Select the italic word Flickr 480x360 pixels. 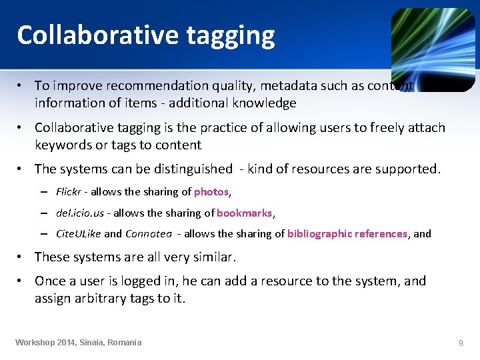pos(68,192)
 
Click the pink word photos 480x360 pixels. pos(211,192)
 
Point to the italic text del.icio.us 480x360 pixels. pos(79,213)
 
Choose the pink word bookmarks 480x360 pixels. pos(244,213)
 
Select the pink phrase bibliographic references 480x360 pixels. pos(347,234)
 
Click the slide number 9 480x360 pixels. pos(461,343)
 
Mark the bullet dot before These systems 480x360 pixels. pos(22,257)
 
